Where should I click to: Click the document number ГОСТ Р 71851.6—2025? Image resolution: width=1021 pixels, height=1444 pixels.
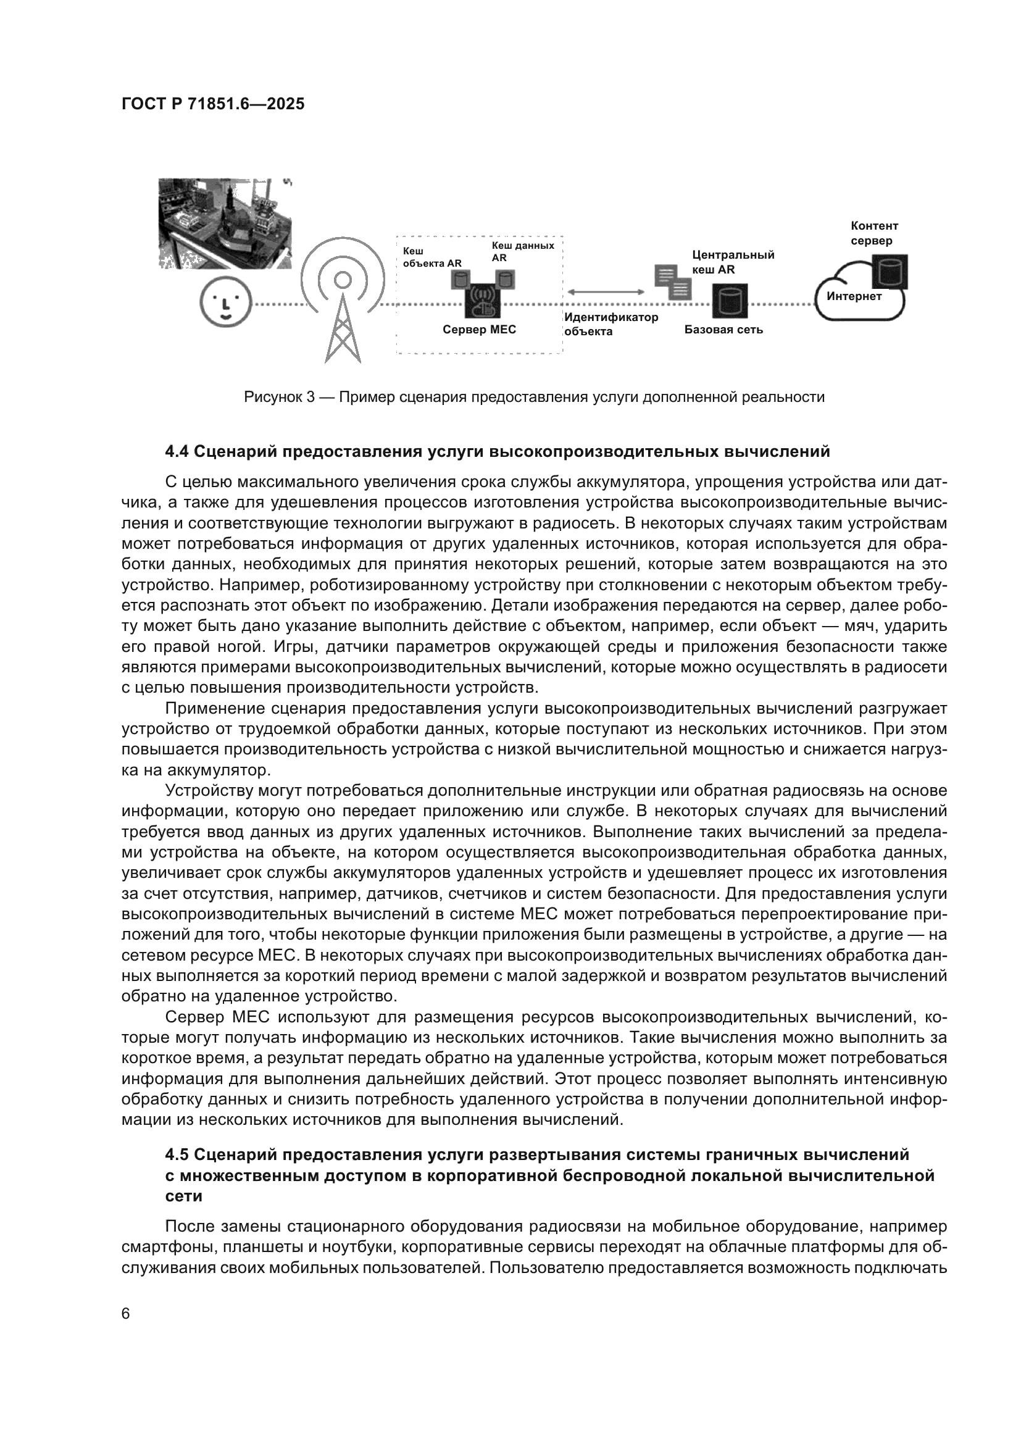point(213,104)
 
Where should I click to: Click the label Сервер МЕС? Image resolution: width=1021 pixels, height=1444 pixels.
point(479,330)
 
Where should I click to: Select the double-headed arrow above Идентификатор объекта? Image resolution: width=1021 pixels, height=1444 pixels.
point(606,292)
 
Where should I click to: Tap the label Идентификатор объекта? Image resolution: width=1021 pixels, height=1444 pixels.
point(611,324)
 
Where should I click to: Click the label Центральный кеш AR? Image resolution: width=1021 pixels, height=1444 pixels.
point(733,262)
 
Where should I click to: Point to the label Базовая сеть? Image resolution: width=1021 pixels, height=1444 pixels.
point(723,330)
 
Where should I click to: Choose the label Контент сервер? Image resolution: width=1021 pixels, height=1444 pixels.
point(875,233)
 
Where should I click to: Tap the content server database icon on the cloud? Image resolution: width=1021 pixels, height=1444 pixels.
point(890,272)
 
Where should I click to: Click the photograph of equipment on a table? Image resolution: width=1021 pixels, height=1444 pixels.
point(226,223)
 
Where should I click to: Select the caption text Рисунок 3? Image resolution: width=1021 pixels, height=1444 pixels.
point(279,397)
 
